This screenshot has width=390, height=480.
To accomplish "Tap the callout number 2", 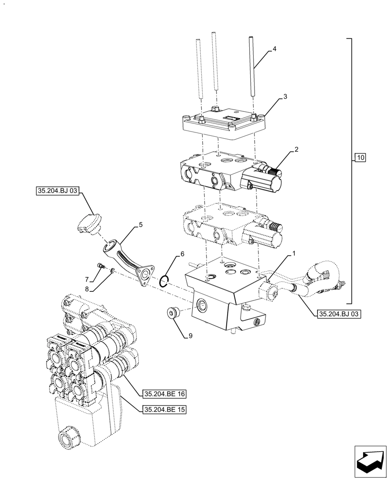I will [296, 149].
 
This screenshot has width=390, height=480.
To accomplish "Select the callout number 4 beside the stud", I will [274, 49].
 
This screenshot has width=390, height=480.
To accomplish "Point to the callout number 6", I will [182, 253].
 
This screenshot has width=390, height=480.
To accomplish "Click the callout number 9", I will [190, 336].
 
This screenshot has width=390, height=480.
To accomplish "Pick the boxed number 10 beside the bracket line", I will [361, 157].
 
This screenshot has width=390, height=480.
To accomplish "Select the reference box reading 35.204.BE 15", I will [165, 409].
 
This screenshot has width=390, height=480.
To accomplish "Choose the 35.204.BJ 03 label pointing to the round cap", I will [57, 191].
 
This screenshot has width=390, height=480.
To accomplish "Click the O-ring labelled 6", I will [164, 280].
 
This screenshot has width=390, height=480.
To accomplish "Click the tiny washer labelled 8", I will [112, 272].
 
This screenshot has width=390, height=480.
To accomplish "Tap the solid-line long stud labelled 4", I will [251, 67].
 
